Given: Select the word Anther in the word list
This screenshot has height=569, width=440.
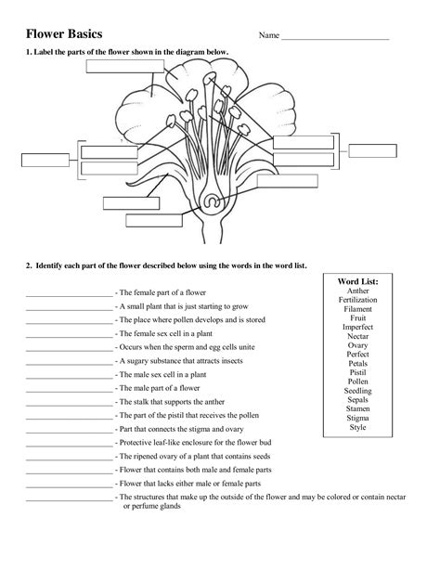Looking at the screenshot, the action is (x=357, y=291).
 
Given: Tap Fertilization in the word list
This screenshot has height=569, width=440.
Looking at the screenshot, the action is (x=357, y=300).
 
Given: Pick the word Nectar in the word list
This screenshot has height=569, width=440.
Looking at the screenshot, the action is (x=357, y=336).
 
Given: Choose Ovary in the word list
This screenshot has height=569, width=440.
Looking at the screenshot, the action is (x=357, y=345).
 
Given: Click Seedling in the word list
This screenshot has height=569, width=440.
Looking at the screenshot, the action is (x=357, y=391).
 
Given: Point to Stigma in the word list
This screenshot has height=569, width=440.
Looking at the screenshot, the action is (x=357, y=419).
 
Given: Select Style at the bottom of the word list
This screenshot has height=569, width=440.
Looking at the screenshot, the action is (x=357, y=428).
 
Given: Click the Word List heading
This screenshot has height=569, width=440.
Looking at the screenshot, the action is (x=357, y=280).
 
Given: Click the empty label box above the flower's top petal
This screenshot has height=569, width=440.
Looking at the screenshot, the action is (x=123, y=66).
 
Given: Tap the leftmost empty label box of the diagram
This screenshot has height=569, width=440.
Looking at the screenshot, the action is (x=45, y=159).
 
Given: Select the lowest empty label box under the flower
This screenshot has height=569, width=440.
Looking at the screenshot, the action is (x=153, y=221).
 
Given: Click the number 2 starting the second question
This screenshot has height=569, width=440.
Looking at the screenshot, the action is (x=29, y=265).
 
